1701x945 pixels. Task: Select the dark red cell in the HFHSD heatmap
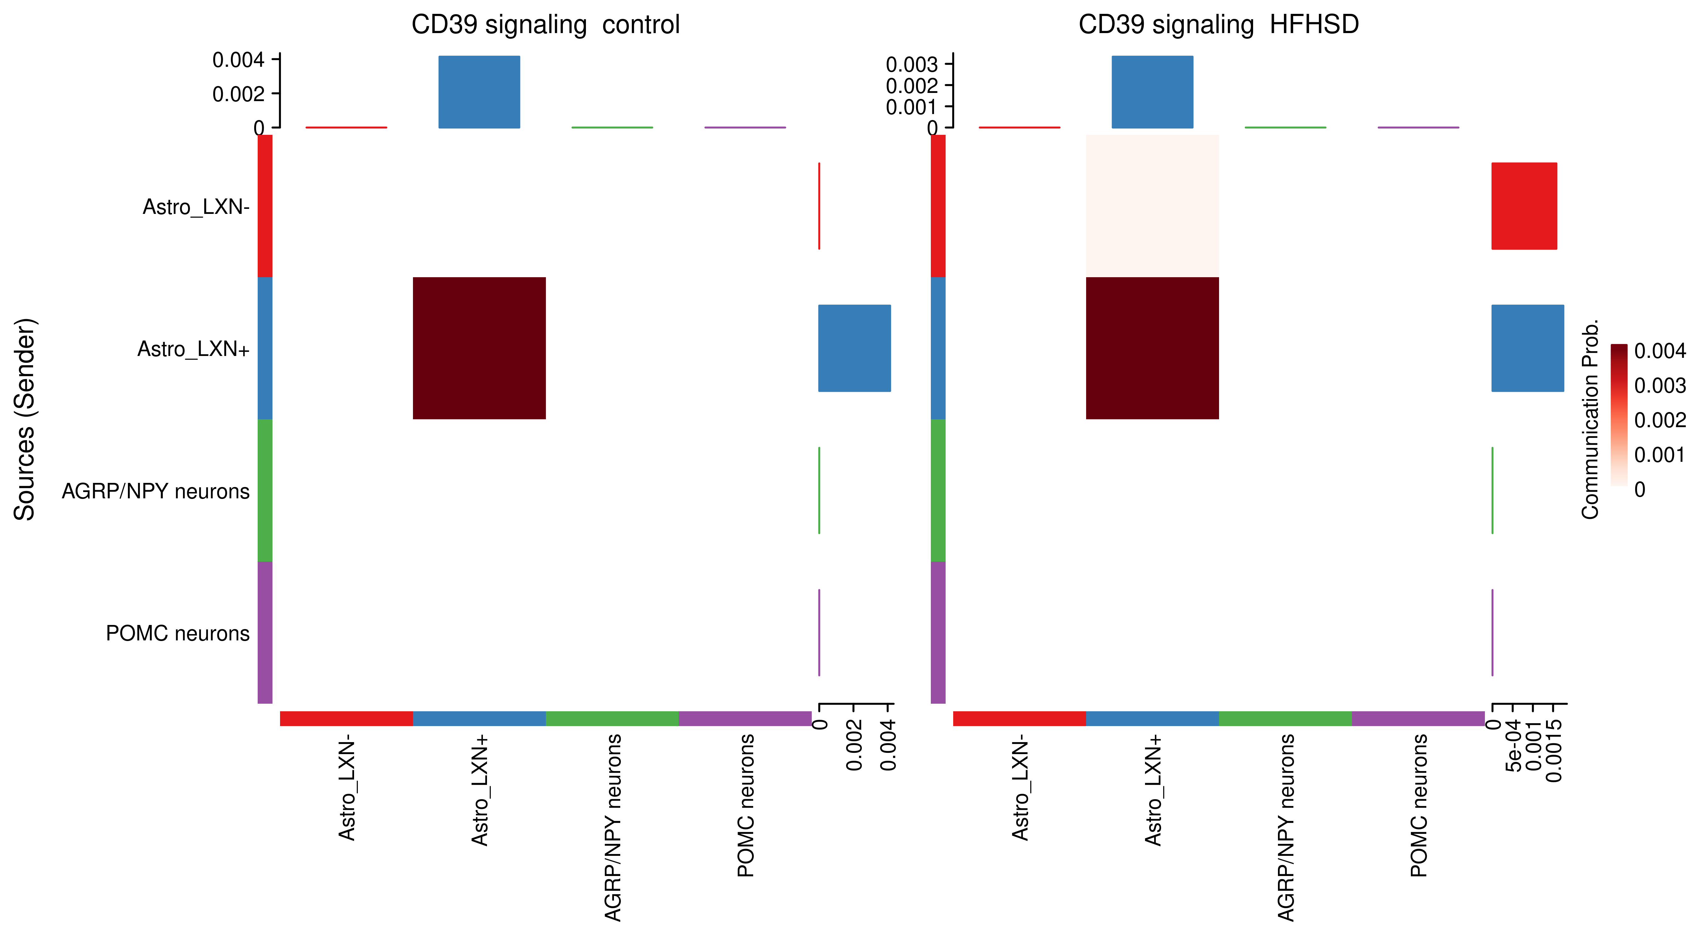pyautogui.click(x=1152, y=348)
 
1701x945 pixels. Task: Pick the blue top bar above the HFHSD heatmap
pyautogui.click(x=1152, y=92)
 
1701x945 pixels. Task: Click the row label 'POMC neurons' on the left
pyautogui.click(x=178, y=633)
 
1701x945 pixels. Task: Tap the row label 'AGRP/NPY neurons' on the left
pyautogui.click(x=156, y=491)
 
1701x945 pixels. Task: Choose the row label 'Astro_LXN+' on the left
pyautogui.click(x=193, y=349)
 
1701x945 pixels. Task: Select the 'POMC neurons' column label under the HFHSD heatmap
pyautogui.click(x=1418, y=806)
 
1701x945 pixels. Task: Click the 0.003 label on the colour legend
pyautogui.click(x=1659, y=386)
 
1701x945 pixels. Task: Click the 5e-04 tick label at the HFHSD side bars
pyautogui.click(x=1514, y=746)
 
